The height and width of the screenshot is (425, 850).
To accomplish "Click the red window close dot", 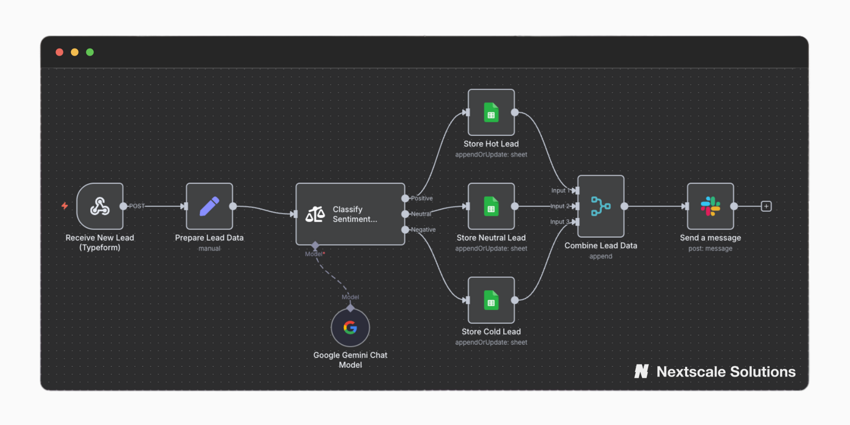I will click(x=59, y=52).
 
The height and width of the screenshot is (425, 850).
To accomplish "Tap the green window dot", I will click(x=90, y=52).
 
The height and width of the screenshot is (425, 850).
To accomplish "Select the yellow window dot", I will click(x=75, y=52).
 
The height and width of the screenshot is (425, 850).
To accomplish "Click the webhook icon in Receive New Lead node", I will click(x=100, y=206).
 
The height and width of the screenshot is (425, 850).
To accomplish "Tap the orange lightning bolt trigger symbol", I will click(x=65, y=206).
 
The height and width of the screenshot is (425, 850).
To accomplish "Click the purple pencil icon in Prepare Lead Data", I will click(x=209, y=206).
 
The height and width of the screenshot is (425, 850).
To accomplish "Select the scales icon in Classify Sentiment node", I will click(x=315, y=214).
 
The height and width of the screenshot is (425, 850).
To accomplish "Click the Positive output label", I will click(x=422, y=198).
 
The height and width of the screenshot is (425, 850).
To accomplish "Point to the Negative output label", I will click(x=423, y=229).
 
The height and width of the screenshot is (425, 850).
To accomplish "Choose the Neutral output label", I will click(x=421, y=214).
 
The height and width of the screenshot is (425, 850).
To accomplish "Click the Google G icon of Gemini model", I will click(x=350, y=328).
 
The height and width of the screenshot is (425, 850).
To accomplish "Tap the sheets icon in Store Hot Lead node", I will click(x=491, y=113).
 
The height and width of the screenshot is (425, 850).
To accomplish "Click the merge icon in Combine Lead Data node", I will click(x=601, y=206).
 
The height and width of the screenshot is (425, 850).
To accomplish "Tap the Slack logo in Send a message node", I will click(x=710, y=206).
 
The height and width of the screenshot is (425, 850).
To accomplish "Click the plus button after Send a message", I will click(x=766, y=206).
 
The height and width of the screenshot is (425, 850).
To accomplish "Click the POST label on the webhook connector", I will click(x=137, y=206).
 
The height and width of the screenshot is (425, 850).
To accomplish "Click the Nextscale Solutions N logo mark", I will click(x=642, y=371).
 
